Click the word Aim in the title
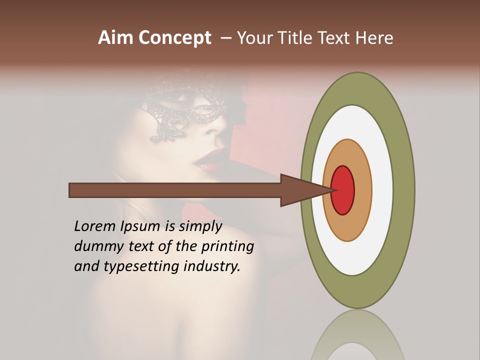(115, 38)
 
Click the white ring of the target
(382, 190)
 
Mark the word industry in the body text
(212, 267)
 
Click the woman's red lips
(204, 158)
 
